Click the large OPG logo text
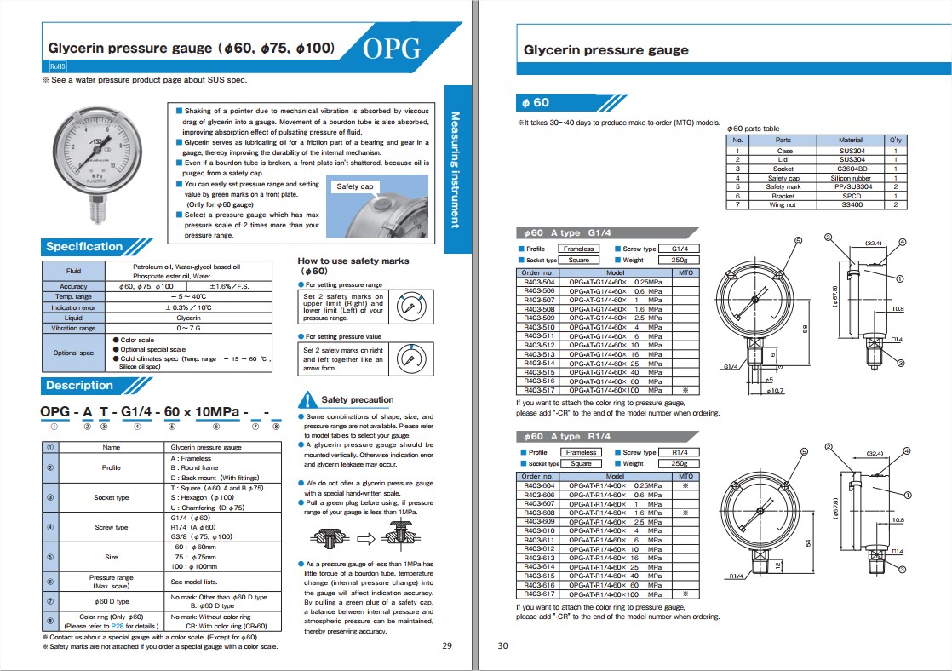[393, 49]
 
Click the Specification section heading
[84, 247]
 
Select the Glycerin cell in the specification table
[188, 317]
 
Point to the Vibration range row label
[73, 328]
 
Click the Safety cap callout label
[354, 186]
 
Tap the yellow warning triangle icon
[307, 399]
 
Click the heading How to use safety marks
[353, 261]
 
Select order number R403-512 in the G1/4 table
[538, 345]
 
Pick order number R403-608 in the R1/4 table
[538, 513]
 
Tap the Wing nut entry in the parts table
[783, 205]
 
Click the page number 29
[448, 645]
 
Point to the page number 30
[502, 645]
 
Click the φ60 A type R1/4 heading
[565, 436]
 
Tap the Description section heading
[79, 385]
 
